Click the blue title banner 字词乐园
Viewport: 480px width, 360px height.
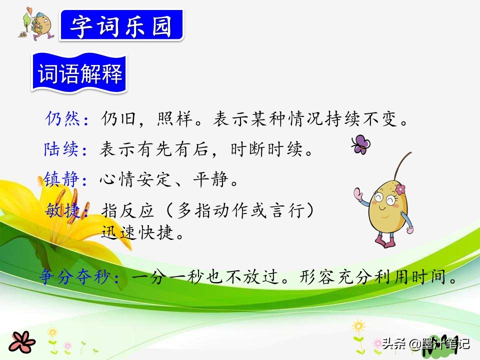point(121,25)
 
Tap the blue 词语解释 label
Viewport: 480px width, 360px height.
point(79,73)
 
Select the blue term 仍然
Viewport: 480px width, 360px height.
point(63,118)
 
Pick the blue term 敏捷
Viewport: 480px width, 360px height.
point(63,210)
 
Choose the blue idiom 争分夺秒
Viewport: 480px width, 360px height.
point(74,277)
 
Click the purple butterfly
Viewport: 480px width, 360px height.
point(360,144)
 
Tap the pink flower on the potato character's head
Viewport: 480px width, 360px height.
point(400,189)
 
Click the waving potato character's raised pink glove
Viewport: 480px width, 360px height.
point(358,194)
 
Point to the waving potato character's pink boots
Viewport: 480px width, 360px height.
point(385,240)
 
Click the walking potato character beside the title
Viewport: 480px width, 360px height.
point(37,24)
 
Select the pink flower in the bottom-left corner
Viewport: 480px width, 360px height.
point(21,342)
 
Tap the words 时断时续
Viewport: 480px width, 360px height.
point(266,149)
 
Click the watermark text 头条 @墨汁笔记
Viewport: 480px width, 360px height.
point(425,343)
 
